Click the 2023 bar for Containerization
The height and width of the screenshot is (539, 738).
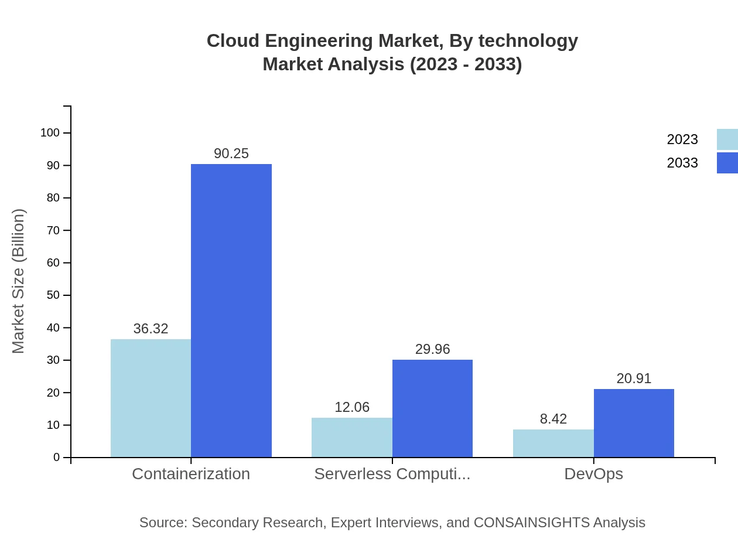151,398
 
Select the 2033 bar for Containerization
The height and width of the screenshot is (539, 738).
231,311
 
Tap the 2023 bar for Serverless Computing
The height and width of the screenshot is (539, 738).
352,437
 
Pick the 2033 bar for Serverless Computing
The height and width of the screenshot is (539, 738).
432,408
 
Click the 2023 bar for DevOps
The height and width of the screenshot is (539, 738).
553,443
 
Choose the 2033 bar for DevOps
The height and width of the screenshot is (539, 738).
634,423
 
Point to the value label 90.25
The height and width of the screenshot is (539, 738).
231,153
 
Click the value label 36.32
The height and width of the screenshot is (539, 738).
151,329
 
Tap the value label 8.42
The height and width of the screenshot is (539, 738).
553,419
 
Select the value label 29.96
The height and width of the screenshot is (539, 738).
432,349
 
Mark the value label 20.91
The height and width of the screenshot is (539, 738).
634,378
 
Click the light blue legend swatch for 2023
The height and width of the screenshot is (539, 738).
727,139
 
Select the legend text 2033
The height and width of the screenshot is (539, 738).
682,163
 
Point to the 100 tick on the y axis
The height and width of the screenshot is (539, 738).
50,133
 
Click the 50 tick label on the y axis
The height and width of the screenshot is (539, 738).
53,295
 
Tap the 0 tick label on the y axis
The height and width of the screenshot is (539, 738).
57,457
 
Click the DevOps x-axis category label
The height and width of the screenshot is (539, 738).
593,473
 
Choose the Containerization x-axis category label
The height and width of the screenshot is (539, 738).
191,473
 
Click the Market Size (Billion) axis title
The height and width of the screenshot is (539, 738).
18,281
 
